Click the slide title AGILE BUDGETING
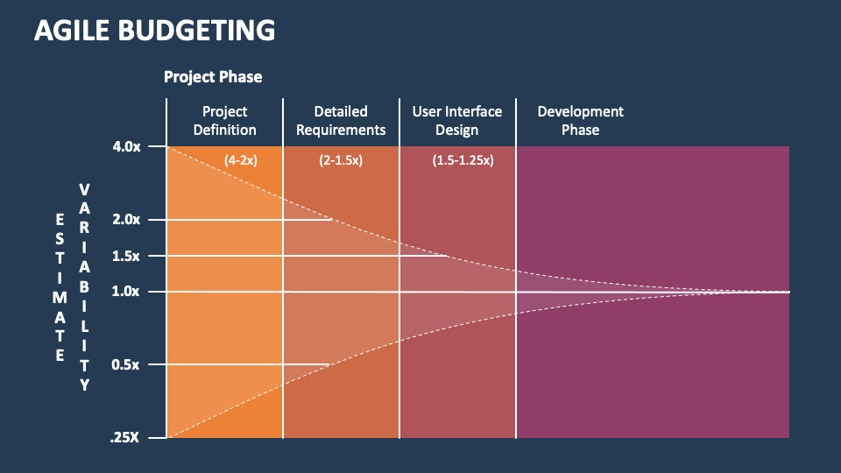pyautogui.click(x=154, y=30)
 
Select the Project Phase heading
pyautogui.click(x=213, y=77)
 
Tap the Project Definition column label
pyautogui.click(x=225, y=121)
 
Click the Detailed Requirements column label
pyautogui.click(x=341, y=121)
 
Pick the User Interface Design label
pyautogui.click(x=457, y=121)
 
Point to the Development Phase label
pyautogui.click(x=581, y=121)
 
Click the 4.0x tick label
pyautogui.click(x=127, y=146)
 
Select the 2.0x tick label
pyautogui.click(x=127, y=219)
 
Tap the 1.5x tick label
pyautogui.click(x=127, y=256)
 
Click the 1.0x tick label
pyautogui.click(x=127, y=292)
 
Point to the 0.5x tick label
pyautogui.click(x=127, y=364)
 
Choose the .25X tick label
pyautogui.click(x=125, y=437)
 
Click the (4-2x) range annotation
pyautogui.click(x=241, y=160)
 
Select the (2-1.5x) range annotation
pyautogui.click(x=341, y=160)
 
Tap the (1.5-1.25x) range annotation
pyautogui.click(x=463, y=160)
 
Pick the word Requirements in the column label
pyautogui.click(x=341, y=131)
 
